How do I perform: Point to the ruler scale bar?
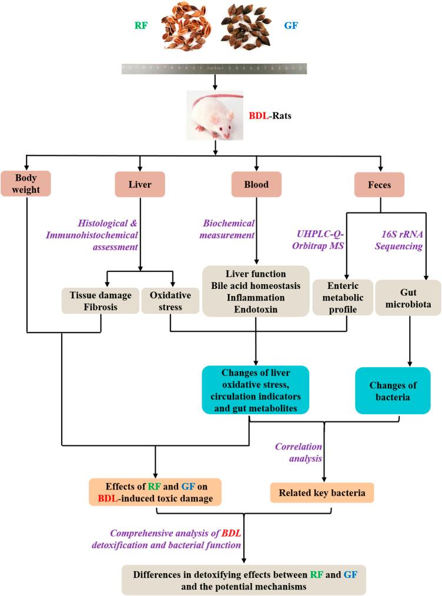click(214, 68)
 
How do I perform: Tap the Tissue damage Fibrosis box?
click(99, 299)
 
